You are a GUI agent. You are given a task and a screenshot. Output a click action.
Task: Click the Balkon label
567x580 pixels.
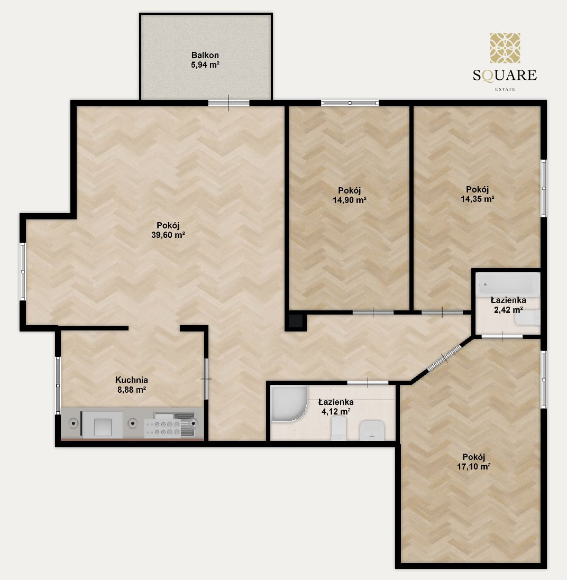pos(205,55)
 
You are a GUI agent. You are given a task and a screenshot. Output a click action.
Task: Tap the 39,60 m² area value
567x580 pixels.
pos(168,235)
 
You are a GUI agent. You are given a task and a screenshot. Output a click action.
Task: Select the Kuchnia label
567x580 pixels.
pos(131,380)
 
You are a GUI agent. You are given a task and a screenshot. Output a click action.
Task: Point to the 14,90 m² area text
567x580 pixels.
pos(350,200)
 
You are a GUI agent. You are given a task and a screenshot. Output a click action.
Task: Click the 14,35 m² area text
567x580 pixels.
pos(478,199)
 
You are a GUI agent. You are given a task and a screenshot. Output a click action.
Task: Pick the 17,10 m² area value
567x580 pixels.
pos(474,466)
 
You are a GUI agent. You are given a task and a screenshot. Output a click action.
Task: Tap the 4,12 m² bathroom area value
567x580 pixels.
pos(336,411)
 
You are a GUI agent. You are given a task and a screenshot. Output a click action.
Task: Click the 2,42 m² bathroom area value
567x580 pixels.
pos(508,310)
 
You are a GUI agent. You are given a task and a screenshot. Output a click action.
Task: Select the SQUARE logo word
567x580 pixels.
pos(505,76)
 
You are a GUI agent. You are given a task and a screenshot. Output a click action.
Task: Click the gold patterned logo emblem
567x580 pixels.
pos(505,48)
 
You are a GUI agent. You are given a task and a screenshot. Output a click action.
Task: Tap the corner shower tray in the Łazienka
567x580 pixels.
pos(289,403)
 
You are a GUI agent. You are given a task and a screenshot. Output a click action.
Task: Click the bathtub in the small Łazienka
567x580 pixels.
pos(508,284)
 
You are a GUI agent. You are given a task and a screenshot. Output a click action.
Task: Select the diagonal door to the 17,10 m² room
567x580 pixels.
pos(444,358)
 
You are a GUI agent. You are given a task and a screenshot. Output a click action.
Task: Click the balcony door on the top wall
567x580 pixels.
pos(228,103)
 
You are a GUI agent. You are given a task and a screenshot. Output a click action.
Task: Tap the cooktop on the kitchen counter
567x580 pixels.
pos(163,428)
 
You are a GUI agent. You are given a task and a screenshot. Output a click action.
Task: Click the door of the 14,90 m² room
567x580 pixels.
pos(373,312)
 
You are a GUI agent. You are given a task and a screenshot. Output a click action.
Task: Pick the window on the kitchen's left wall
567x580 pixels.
pos(58,385)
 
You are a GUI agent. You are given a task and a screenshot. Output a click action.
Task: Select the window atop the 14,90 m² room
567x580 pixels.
pos(350,103)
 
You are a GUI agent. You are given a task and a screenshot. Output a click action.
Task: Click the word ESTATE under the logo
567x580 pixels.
pos(505,89)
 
